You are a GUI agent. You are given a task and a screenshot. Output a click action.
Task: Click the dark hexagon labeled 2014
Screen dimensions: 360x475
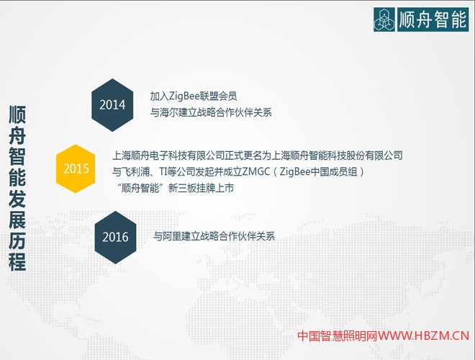[112, 105]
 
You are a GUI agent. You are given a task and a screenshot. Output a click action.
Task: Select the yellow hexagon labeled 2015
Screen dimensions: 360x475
[76, 169]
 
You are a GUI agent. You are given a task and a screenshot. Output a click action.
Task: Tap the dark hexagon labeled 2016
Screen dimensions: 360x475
[115, 237]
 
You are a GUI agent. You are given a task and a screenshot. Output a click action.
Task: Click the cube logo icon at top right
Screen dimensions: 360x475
[385, 19]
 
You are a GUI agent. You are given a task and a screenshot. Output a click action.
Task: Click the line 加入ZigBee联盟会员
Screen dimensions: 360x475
[193, 96]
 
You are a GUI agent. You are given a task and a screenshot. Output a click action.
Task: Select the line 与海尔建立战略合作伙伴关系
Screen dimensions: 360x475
[211, 113]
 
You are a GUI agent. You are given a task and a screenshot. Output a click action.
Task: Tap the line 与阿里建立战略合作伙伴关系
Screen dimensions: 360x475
[214, 236]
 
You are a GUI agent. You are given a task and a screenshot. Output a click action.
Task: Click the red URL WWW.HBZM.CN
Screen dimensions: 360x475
[425, 336]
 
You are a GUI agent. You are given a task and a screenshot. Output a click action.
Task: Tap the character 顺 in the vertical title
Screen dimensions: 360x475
[18, 115]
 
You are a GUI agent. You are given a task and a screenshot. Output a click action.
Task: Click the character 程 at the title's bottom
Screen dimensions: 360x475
[18, 261]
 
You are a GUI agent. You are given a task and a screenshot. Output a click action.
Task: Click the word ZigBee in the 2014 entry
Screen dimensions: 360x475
[184, 96]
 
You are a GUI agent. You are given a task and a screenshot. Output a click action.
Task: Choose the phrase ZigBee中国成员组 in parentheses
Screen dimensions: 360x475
[320, 171]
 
